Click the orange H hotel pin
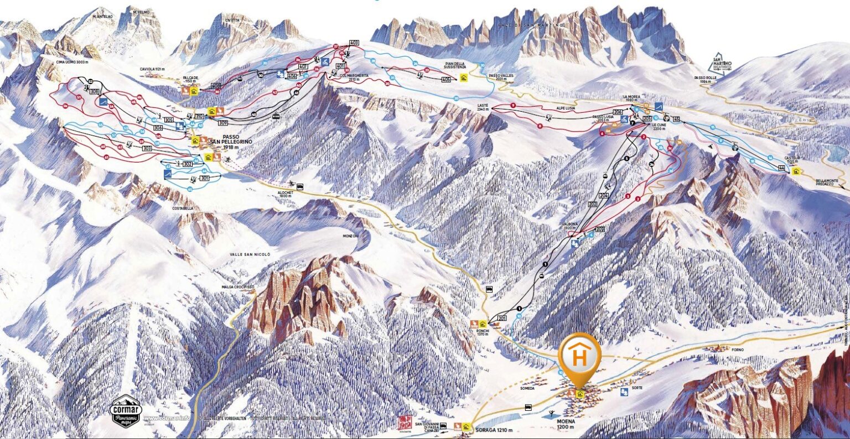[579, 356]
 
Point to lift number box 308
[94, 92]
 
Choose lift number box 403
[354, 43]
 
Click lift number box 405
[446, 80]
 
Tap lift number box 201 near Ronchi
[502, 318]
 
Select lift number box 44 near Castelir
[781, 168]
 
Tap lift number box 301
[205, 179]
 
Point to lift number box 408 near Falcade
[216, 86]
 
